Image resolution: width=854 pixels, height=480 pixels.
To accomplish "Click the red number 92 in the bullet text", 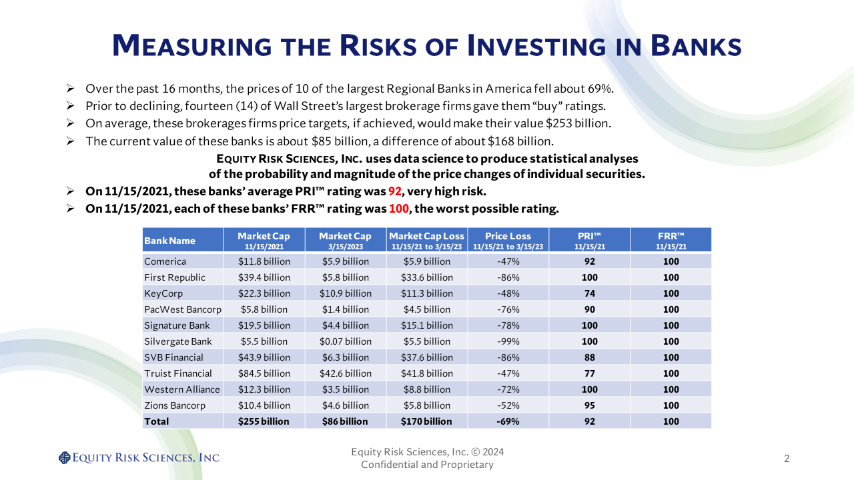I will click(396, 191).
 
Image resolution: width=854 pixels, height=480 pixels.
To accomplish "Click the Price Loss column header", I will click(508, 240).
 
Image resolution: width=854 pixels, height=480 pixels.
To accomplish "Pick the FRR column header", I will click(671, 240).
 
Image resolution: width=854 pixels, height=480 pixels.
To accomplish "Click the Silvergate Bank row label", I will click(178, 341).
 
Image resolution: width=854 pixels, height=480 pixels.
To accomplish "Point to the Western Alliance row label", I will click(182, 389).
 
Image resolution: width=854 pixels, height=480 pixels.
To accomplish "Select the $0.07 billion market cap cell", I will click(345, 341).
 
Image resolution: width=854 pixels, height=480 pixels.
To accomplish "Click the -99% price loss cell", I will click(508, 341).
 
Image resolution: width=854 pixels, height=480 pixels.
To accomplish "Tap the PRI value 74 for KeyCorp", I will click(589, 293).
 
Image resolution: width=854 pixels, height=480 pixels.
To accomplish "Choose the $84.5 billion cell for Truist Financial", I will click(264, 373).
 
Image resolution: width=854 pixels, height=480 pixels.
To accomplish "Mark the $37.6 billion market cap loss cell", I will click(426, 357).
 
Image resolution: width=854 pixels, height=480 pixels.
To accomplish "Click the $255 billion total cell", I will click(264, 421).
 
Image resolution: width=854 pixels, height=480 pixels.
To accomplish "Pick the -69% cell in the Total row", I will click(508, 421).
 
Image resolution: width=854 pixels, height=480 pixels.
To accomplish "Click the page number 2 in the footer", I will click(787, 458).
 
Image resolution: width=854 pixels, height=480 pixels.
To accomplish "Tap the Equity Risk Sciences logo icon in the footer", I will click(64, 457).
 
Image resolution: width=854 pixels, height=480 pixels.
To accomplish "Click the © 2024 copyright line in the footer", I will click(428, 452).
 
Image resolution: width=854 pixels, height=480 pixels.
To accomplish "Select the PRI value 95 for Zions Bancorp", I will click(589, 405).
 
